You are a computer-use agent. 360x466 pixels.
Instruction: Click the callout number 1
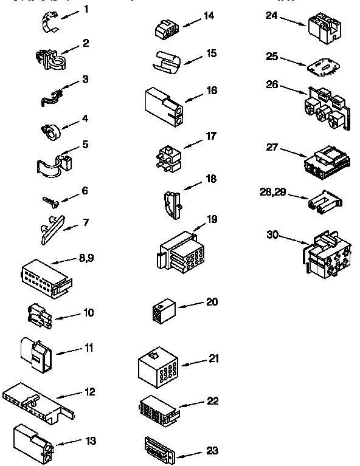point(86,9)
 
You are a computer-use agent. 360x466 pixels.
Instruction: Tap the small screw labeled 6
point(50,199)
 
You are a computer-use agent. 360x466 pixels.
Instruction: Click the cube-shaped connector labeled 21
point(157,367)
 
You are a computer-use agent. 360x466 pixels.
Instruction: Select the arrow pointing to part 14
point(190,22)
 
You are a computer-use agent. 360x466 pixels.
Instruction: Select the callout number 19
point(211,219)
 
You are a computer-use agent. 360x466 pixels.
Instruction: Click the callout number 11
point(88,348)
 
